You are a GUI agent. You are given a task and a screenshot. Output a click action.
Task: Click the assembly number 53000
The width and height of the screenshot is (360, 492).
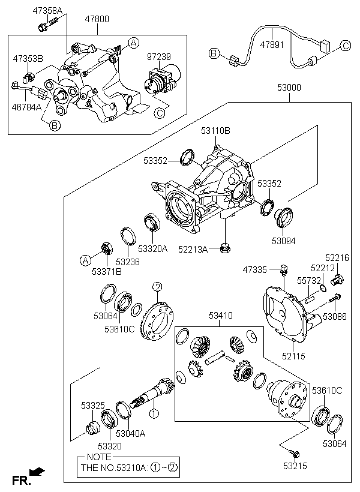[x=289, y=87]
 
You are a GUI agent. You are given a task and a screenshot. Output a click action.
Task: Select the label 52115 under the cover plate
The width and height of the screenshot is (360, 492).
[x=293, y=356]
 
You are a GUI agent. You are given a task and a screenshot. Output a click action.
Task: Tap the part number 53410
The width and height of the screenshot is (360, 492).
[x=220, y=315]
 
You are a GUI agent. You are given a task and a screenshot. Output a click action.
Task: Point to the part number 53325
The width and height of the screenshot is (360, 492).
[x=93, y=406]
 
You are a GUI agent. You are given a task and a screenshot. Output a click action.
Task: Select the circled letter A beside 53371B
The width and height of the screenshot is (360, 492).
[x=86, y=260]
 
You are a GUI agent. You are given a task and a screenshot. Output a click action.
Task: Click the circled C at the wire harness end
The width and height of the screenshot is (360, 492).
[x=346, y=45]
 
